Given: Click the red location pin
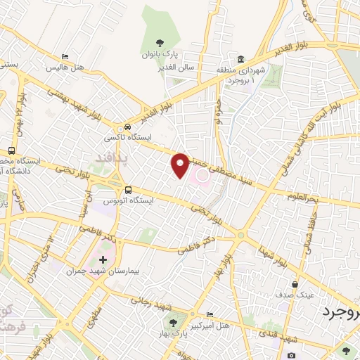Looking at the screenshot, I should (x=181, y=165).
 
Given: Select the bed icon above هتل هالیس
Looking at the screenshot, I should (x=65, y=57).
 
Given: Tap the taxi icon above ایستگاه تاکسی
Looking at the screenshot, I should (x=127, y=126).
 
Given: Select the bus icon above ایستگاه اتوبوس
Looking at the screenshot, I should (x=128, y=190).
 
